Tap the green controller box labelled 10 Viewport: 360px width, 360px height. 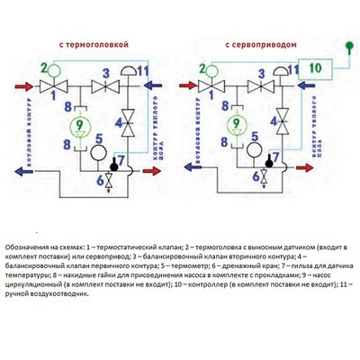click(x=314, y=67)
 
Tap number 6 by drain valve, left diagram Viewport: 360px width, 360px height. click(x=101, y=179)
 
